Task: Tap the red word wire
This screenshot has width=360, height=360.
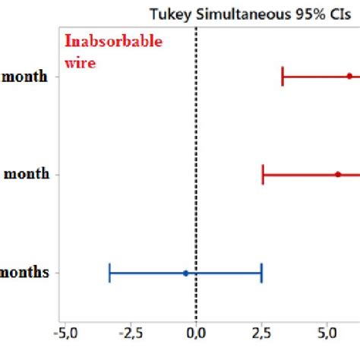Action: coord(80,64)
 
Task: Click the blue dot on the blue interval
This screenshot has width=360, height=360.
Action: coord(185,273)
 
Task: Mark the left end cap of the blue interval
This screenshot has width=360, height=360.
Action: coord(110,273)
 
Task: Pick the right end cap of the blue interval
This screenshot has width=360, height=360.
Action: coord(261,273)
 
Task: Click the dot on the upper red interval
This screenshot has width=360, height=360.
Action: coord(349,76)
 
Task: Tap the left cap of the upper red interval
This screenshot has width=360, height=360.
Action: coord(283,76)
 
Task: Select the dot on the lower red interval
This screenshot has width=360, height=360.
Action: coord(338,174)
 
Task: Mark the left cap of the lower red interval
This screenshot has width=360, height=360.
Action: coord(263,174)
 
